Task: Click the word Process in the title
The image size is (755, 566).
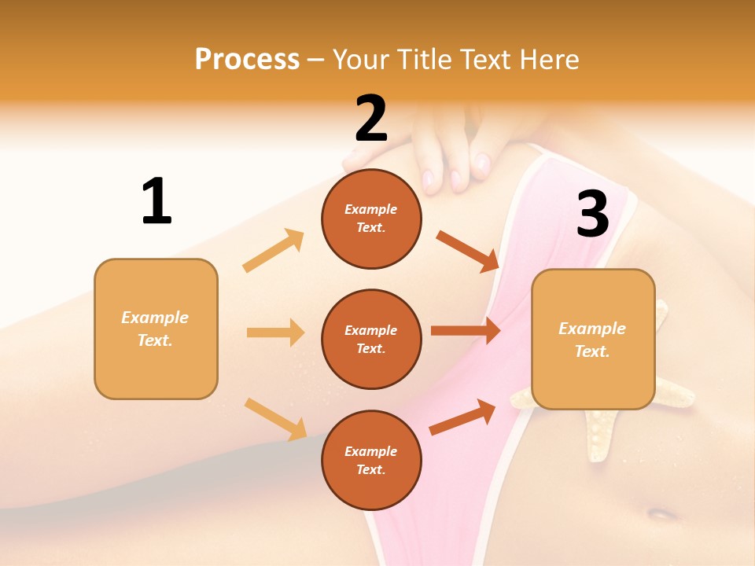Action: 247,60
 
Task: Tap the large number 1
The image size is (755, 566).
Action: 157,201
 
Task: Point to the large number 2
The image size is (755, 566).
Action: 371,118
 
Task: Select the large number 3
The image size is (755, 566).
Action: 592,214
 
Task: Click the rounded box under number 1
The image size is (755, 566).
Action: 156,329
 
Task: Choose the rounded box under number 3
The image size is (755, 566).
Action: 593,340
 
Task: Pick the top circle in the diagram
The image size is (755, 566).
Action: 371,219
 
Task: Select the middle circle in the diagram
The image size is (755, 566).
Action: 371,339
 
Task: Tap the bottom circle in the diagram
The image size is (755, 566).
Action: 371,460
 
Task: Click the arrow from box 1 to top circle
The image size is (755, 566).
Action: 274,251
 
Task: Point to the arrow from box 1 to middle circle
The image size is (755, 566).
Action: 275,333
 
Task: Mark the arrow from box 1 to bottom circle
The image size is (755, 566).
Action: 275,419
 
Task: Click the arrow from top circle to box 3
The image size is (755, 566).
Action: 467,251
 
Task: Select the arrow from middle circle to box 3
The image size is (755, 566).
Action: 465,331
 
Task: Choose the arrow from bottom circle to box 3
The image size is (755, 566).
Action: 462,417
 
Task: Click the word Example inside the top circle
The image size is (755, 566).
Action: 371,209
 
